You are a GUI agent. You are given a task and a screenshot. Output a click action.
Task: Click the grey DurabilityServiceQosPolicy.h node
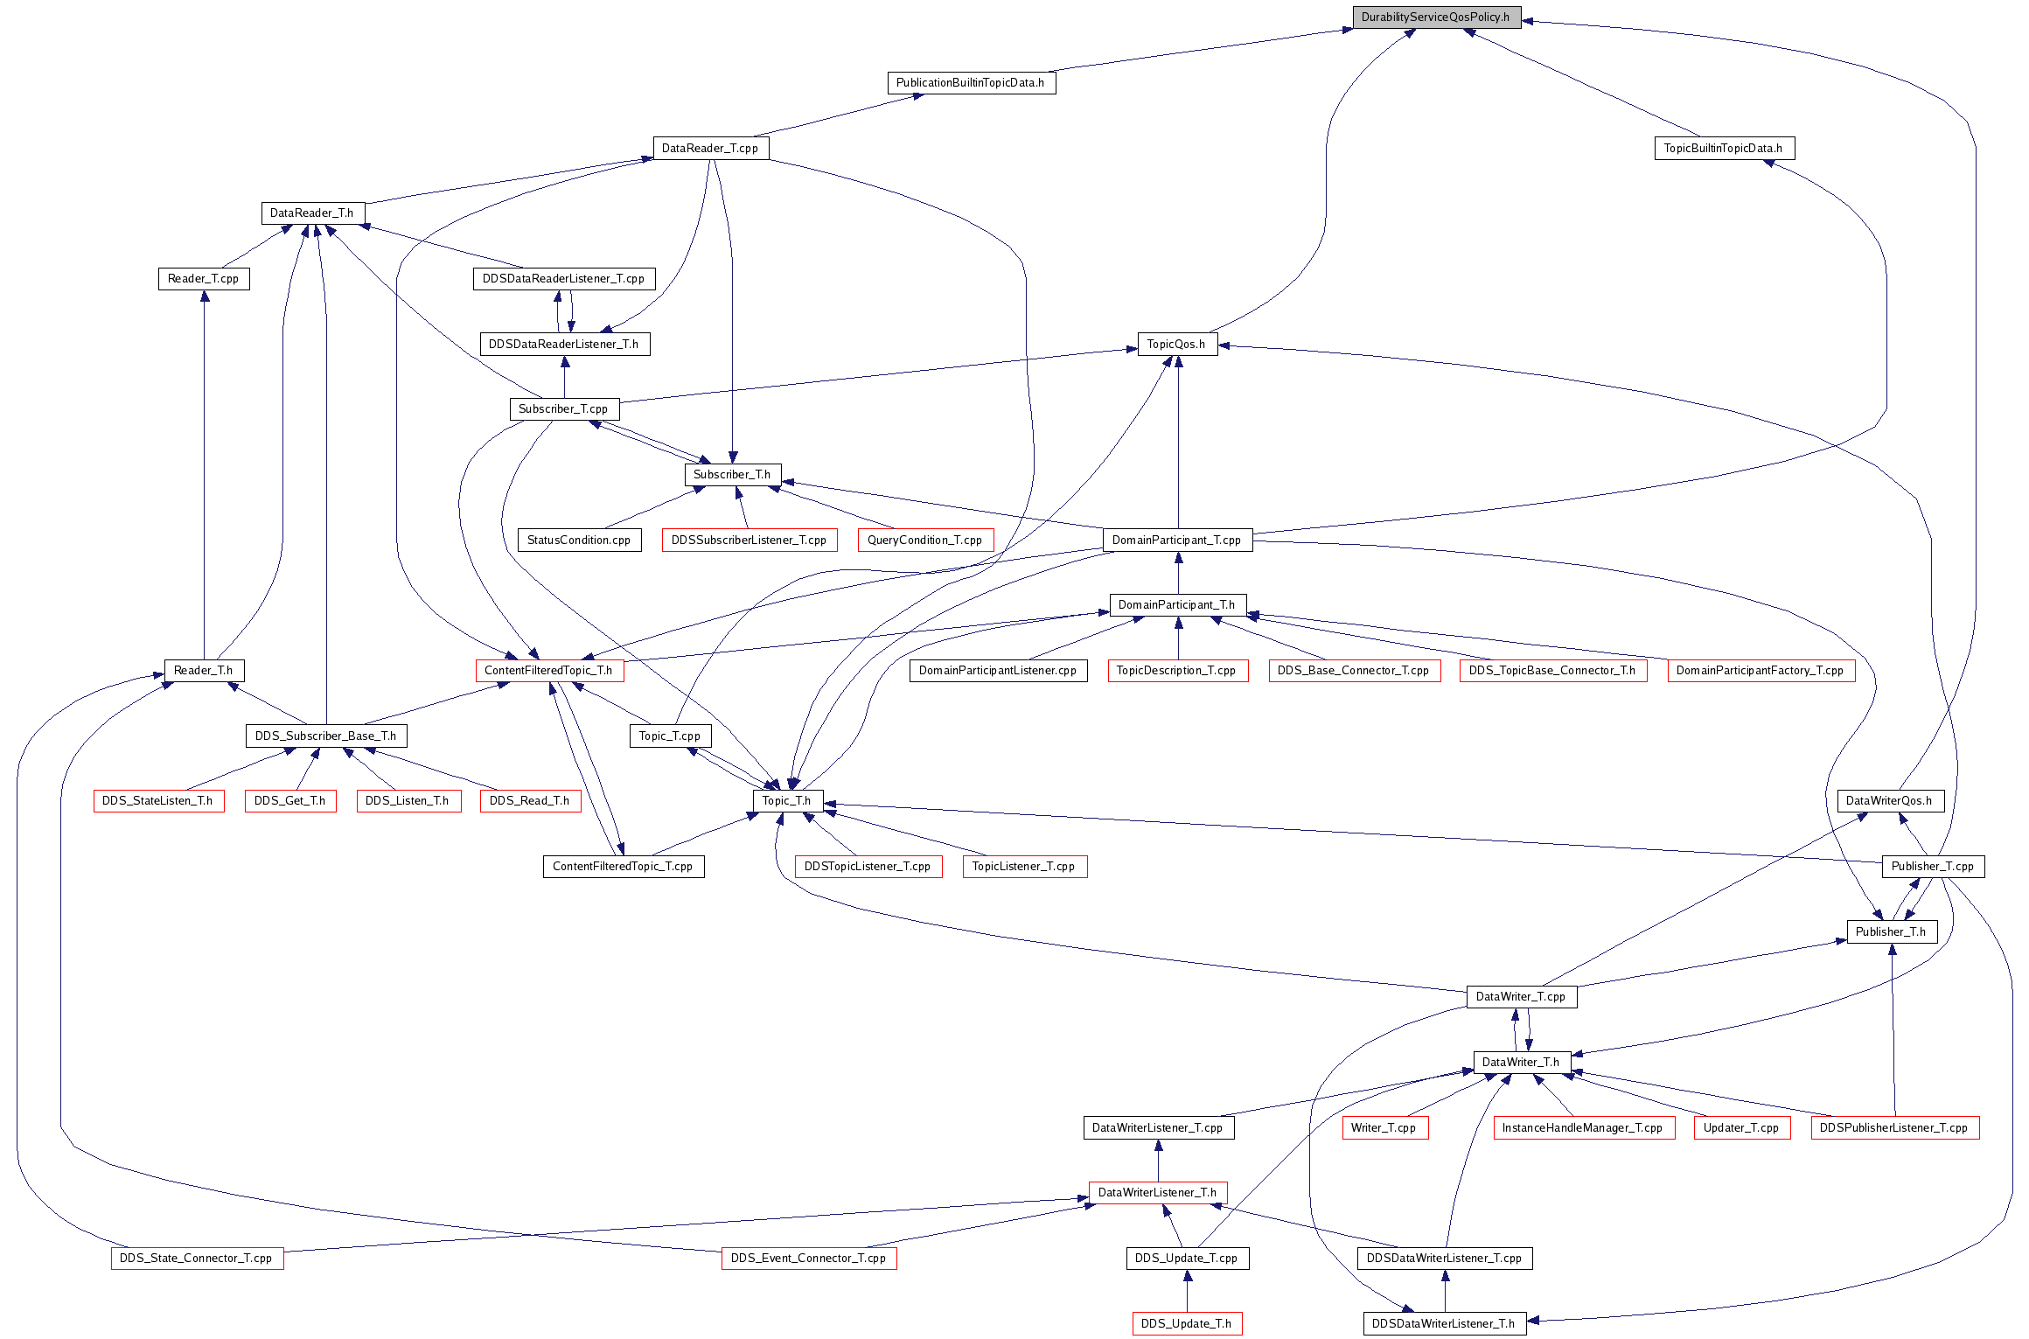1436,17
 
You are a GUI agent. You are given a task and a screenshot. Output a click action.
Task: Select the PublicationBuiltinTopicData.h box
971,83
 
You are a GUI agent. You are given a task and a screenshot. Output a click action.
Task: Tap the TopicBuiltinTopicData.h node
1724,149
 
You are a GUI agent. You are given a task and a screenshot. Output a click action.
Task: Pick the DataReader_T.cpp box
710,149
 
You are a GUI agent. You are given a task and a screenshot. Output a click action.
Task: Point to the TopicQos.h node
1176,345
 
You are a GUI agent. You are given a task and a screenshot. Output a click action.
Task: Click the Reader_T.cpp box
204,279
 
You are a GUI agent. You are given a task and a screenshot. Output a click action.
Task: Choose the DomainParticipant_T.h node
1177,605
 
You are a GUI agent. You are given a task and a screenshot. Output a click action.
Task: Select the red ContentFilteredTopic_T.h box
549,671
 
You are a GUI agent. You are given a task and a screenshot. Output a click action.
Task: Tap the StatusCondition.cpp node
579,540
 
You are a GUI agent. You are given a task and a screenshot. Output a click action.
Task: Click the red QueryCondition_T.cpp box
925,540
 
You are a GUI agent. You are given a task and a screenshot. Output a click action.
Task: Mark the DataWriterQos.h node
1889,801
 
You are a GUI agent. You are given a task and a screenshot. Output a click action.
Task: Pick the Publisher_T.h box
1892,932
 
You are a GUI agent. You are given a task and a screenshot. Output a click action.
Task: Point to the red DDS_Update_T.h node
1187,1324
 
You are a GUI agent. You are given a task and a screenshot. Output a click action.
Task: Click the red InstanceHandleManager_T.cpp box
1583,1128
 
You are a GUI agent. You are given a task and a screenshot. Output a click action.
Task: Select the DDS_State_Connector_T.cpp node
197,1259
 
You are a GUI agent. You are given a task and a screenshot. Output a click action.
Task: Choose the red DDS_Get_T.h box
290,801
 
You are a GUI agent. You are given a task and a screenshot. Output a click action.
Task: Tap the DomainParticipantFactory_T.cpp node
1761,671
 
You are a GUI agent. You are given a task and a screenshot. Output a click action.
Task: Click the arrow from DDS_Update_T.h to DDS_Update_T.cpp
1187,1291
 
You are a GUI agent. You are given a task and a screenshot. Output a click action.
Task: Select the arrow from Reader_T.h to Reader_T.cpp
205,475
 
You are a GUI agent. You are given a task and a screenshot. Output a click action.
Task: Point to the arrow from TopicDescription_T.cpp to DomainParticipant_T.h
1178,638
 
